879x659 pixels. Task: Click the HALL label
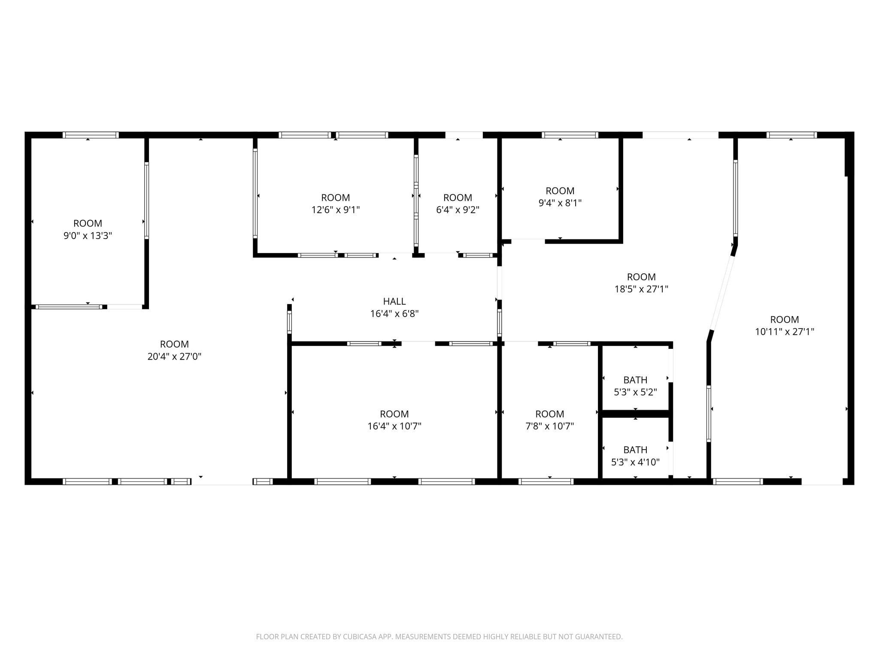pos(394,301)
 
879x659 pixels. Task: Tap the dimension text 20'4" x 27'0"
pos(174,357)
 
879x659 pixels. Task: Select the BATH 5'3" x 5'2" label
pos(635,386)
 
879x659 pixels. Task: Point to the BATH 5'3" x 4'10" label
pos(635,456)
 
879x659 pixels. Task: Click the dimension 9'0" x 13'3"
pos(88,236)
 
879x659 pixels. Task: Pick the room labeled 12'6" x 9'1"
pos(335,204)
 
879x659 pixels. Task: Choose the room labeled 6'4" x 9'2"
pos(458,204)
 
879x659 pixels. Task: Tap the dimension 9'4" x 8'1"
pos(560,203)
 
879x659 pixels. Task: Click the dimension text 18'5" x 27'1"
pos(641,289)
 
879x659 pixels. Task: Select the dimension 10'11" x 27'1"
pos(784,332)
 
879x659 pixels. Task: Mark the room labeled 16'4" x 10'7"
pos(394,420)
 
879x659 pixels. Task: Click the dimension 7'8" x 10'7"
pos(549,426)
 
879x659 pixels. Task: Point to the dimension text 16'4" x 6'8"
pos(394,314)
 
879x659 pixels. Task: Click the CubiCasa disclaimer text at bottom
pos(439,637)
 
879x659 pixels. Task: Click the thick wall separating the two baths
pos(635,414)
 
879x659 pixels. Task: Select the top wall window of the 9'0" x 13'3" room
pos(91,135)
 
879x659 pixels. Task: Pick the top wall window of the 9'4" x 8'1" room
pos(570,135)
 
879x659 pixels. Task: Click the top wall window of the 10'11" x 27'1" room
pos(791,135)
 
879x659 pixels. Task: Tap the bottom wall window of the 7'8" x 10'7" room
pos(546,481)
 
